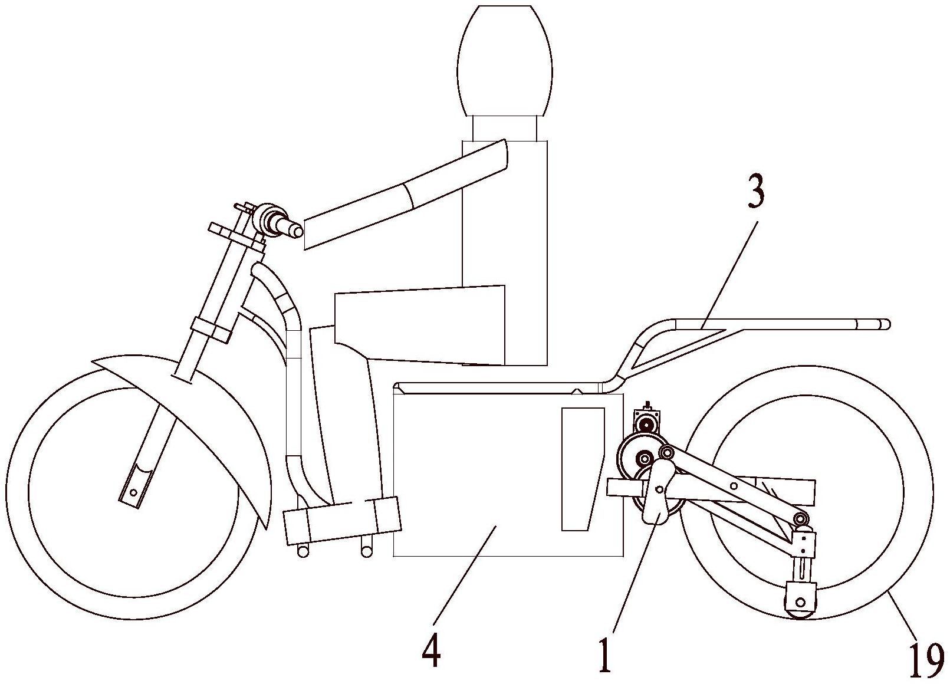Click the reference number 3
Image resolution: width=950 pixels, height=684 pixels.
(x=755, y=193)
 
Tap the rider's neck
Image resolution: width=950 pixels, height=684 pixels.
(x=505, y=128)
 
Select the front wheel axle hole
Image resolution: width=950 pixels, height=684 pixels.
(x=134, y=492)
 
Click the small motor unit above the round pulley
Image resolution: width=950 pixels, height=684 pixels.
(x=647, y=423)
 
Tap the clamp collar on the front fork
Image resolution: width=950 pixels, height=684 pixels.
(x=211, y=328)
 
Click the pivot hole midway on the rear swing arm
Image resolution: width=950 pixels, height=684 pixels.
(x=732, y=486)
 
